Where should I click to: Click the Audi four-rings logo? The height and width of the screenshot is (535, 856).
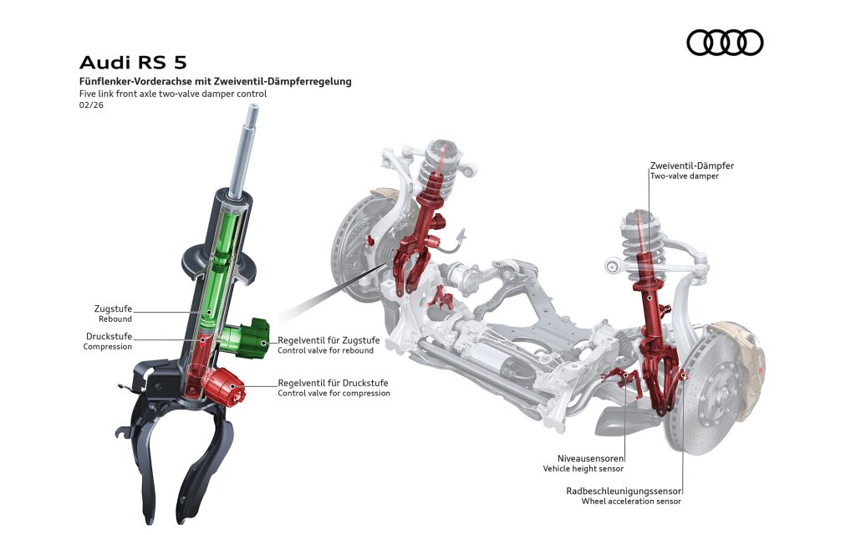click(725, 43)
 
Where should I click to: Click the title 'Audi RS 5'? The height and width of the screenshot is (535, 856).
click(133, 63)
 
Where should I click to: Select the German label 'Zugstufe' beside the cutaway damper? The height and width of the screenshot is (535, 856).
click(113, 308)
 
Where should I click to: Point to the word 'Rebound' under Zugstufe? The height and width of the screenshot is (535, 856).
click(115, 319)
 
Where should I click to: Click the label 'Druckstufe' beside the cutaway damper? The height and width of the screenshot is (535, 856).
click(109, 336)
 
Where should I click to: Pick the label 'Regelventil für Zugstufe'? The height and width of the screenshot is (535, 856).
click(329, 340)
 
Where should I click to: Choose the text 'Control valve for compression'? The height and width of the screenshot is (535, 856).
click(334, 393)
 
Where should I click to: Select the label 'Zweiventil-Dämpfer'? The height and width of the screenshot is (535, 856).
click(691, 166)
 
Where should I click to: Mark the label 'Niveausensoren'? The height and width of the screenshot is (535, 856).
click(591, 458)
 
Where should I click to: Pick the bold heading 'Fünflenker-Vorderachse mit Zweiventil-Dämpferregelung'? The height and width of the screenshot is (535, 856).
click(215, 82)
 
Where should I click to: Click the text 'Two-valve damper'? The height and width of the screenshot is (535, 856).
click(684, 176)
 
